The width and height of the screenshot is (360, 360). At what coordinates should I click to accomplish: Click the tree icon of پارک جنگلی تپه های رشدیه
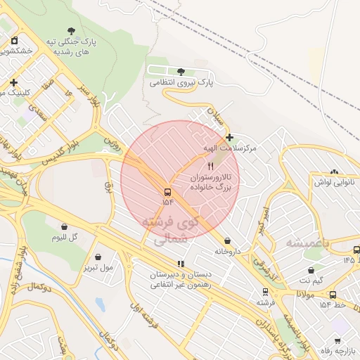[71, 30]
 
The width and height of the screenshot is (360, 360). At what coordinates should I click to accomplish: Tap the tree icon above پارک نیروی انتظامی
[181, 72]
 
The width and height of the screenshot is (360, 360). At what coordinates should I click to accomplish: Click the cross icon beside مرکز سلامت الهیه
[229, 136]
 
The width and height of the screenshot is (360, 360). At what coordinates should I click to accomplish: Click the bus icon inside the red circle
[167, 192]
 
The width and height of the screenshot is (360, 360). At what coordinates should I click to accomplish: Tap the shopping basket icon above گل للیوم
[65, 227]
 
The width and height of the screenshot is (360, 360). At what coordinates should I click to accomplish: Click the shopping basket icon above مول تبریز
[97, 256]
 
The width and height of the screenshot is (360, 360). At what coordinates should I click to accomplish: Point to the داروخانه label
[228, 250]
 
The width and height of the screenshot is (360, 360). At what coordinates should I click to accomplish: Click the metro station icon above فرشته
[265, 291]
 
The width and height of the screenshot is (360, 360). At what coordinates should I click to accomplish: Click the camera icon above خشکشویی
[14, 39]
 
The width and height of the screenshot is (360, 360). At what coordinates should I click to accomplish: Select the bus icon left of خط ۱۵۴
[333, 295]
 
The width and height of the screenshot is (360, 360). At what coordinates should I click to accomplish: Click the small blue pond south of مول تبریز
[99, 304]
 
